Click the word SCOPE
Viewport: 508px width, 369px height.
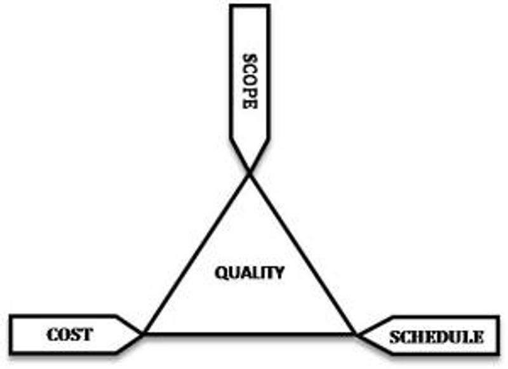(x=250, y=81)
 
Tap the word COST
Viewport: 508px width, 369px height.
(x=69, y=333)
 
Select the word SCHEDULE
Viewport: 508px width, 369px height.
(x=436, y=337)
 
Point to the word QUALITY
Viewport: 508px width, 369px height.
(x=249, y=273)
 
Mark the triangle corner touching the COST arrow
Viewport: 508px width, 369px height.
(x=145, y=333)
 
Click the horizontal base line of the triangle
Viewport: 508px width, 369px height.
(x=250, y=333)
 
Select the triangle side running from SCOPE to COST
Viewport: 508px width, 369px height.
(x=197, y=253)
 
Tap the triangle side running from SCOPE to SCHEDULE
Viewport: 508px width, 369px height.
(x=302, y=253)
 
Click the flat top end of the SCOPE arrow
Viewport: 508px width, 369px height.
(x=250, y=6)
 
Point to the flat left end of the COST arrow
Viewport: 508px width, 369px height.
(x=11, y=333)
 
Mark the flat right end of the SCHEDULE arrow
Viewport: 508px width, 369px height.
(x=497, y=337)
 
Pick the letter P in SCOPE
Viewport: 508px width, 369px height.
(x=250, y=92)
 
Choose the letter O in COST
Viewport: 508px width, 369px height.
(x=63, y=333)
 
